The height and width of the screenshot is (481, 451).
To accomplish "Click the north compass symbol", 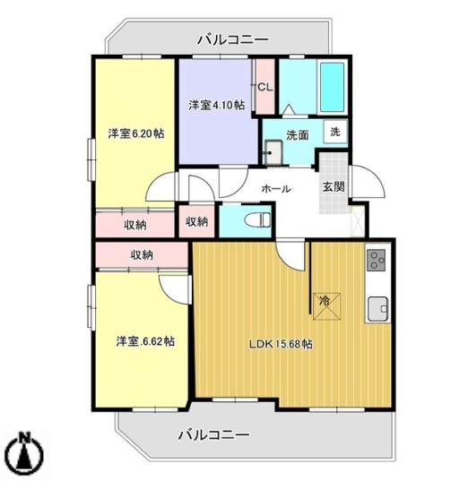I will point(26,455).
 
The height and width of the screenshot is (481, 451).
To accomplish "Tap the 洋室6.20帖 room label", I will point(135,134).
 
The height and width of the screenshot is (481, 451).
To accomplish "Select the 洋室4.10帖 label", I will point(216,106).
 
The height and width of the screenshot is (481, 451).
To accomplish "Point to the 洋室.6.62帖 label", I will point(144,342).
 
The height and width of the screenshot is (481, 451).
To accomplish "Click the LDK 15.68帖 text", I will point(281,344).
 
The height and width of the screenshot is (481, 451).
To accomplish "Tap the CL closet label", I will point(265,87).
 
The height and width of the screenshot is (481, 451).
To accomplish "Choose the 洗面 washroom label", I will point(298,134).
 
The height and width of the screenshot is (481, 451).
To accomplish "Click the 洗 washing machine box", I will point(334,131).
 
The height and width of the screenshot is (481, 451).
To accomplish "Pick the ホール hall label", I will point(275,189).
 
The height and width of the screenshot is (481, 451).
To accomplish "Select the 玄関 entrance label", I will point(333,187).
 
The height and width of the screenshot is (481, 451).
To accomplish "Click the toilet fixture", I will point(255,219).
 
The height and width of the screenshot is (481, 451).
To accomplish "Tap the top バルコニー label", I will point(231,39).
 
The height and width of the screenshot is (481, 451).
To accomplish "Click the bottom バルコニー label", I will point(212,435).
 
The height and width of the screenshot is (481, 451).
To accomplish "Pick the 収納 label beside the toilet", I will point(196,221).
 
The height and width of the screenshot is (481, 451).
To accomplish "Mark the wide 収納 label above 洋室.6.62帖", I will point(142,255).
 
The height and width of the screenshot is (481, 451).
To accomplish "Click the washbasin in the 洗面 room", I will point(273,155).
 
